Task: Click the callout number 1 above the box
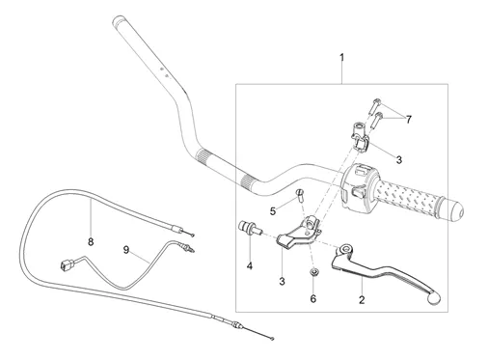pyautogui.click(x=342, y=58)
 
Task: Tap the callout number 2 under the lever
pyautogui.click(x=362, y=300)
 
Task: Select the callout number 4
pyautogui.click(x=250, y=266)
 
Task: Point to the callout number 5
pyautogui.click(x=273, y=211)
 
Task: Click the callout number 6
pyautogui.click(x=313, y=299)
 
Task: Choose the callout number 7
pyautogui.click(x=408, y=120)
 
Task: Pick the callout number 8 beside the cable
pyautogui.click(x=91, y=241)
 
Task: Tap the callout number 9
pyautogui.click(x=126, y=250)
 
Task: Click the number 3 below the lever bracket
pyautogui.click(x=282, y=282)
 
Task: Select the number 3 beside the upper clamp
pyautogui.click(x=399, y=160)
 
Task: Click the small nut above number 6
pyautogui.click(x=312, y=273)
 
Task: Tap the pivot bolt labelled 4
pyautogui.click(x=251, y=227)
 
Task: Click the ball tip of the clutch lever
pyautogui.click(x=433, y=298)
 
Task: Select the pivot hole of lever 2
pyautogui.click(x=346, y=249)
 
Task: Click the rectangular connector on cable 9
pyautogui.click(x=68, y=264)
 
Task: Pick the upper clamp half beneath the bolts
pyautogui.click(x=361, y=136)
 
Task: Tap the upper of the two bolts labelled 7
pyautogui.click(x=375, y=106)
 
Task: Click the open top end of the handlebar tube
pyautogui.click(x=117, y=22)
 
